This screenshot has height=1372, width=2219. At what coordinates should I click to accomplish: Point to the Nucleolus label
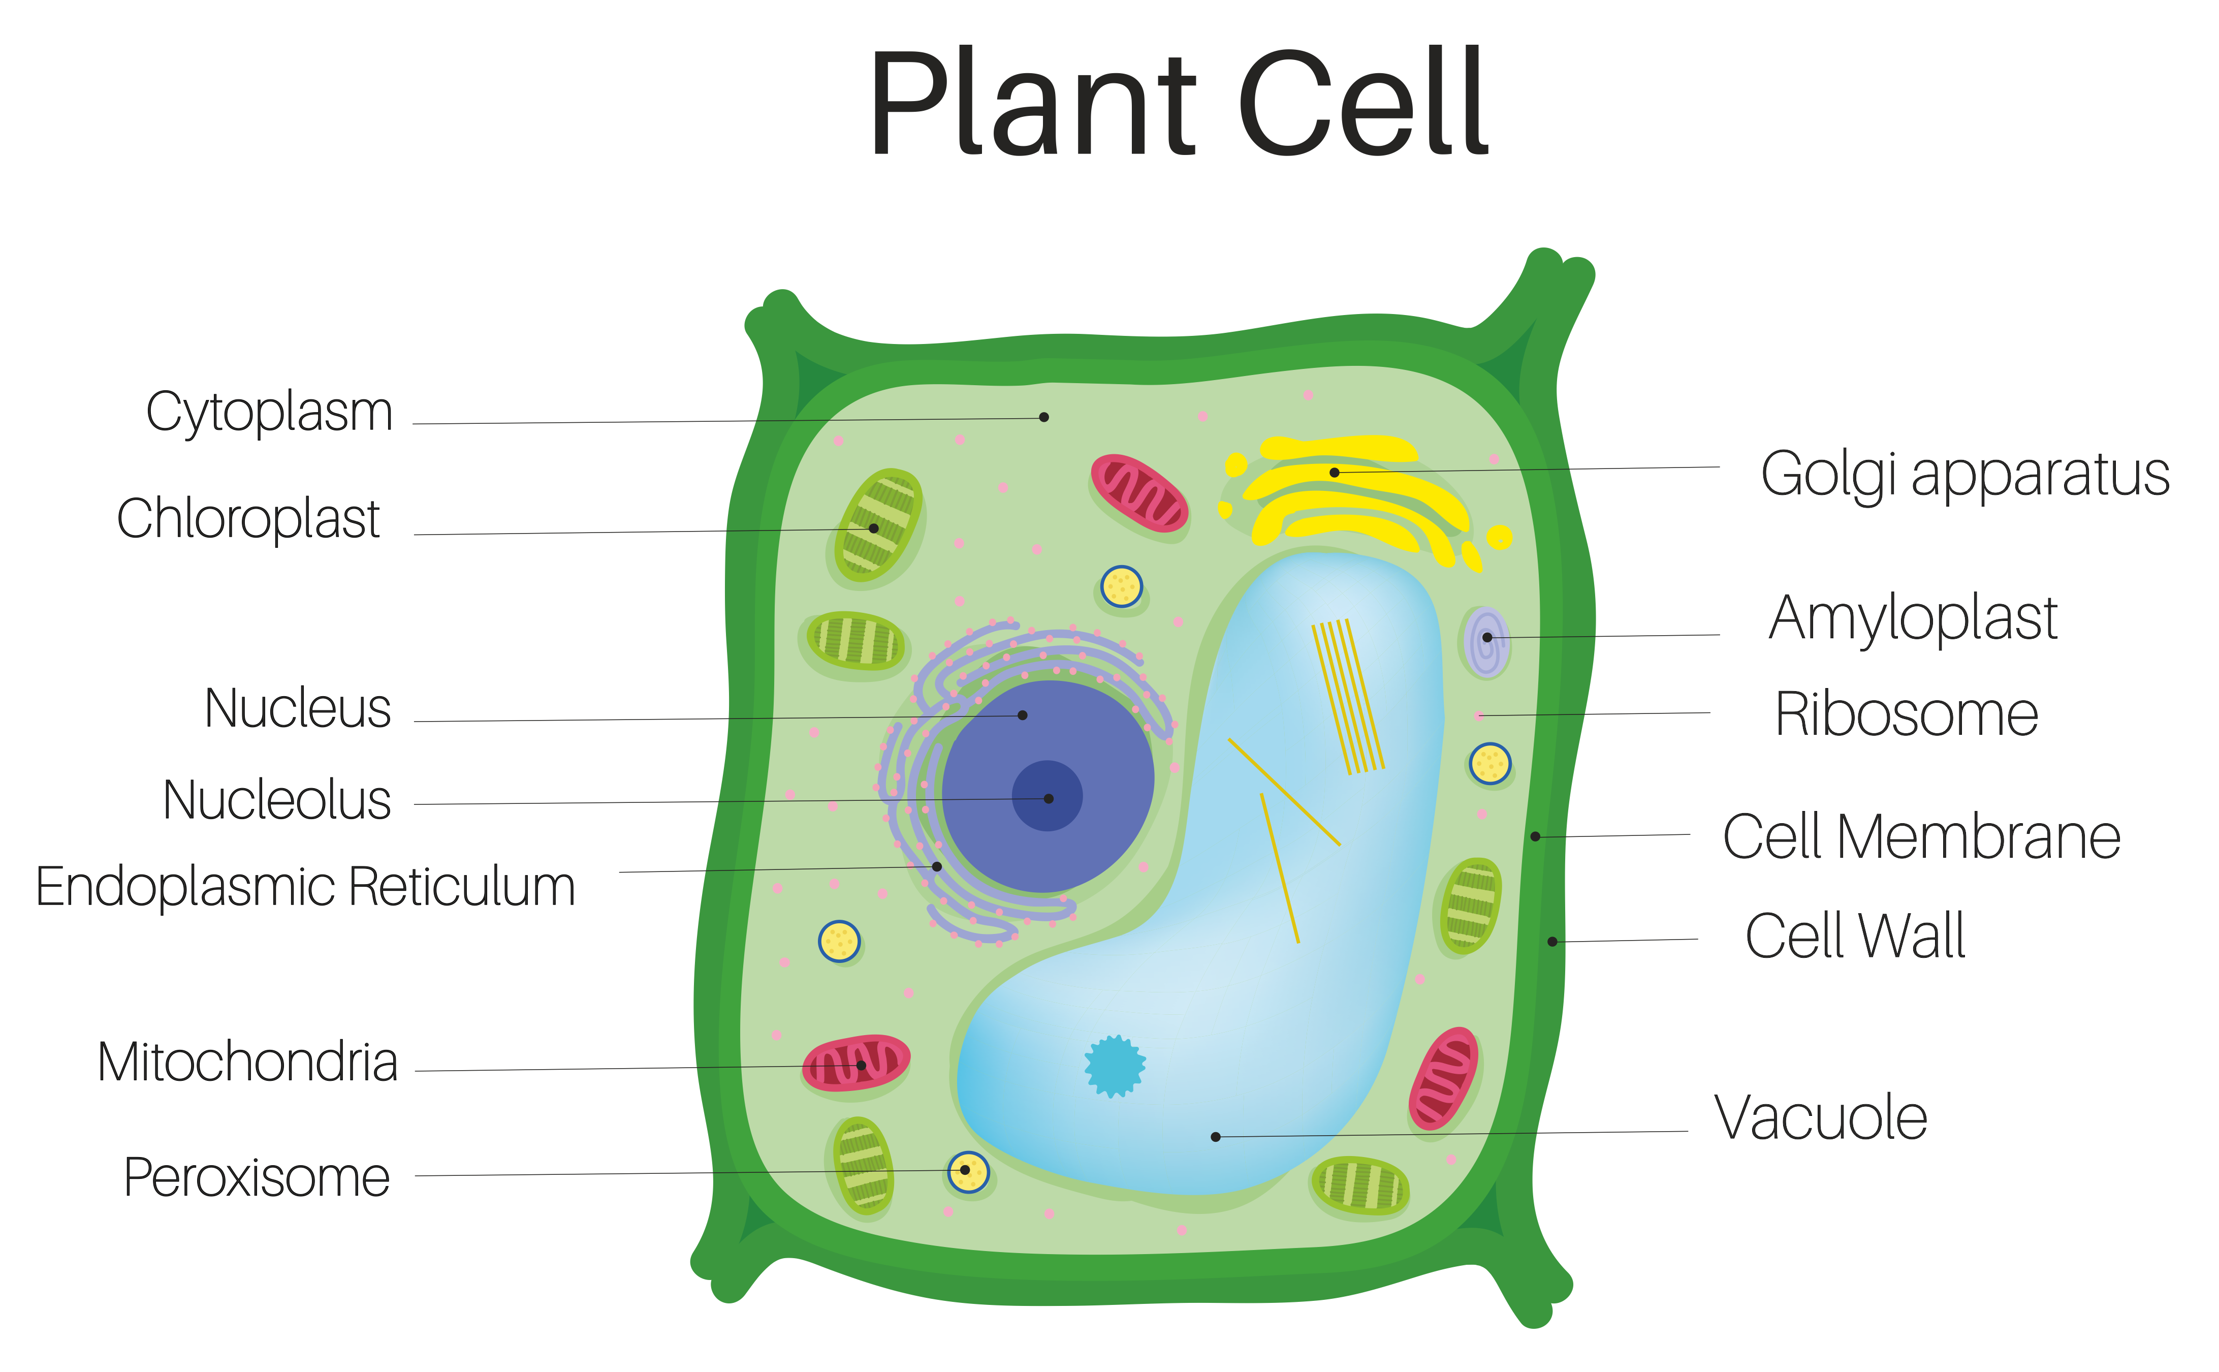point(277,800)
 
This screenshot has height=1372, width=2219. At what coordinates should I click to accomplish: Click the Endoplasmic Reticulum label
point(306,887)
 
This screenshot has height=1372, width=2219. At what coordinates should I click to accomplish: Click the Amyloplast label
point(1912,619)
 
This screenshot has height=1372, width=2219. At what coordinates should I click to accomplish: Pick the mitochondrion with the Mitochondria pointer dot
point(855,1062)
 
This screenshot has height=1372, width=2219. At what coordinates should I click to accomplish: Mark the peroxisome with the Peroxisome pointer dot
point(968,1171)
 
